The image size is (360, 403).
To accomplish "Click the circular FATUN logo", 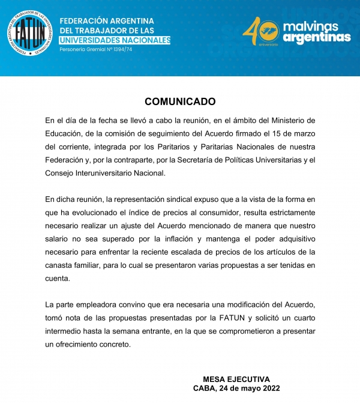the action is (30, 31).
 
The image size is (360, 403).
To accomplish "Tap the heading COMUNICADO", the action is (180, 102).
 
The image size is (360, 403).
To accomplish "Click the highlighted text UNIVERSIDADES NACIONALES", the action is (115, 40).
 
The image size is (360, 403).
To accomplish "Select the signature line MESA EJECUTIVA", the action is (236, 379).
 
